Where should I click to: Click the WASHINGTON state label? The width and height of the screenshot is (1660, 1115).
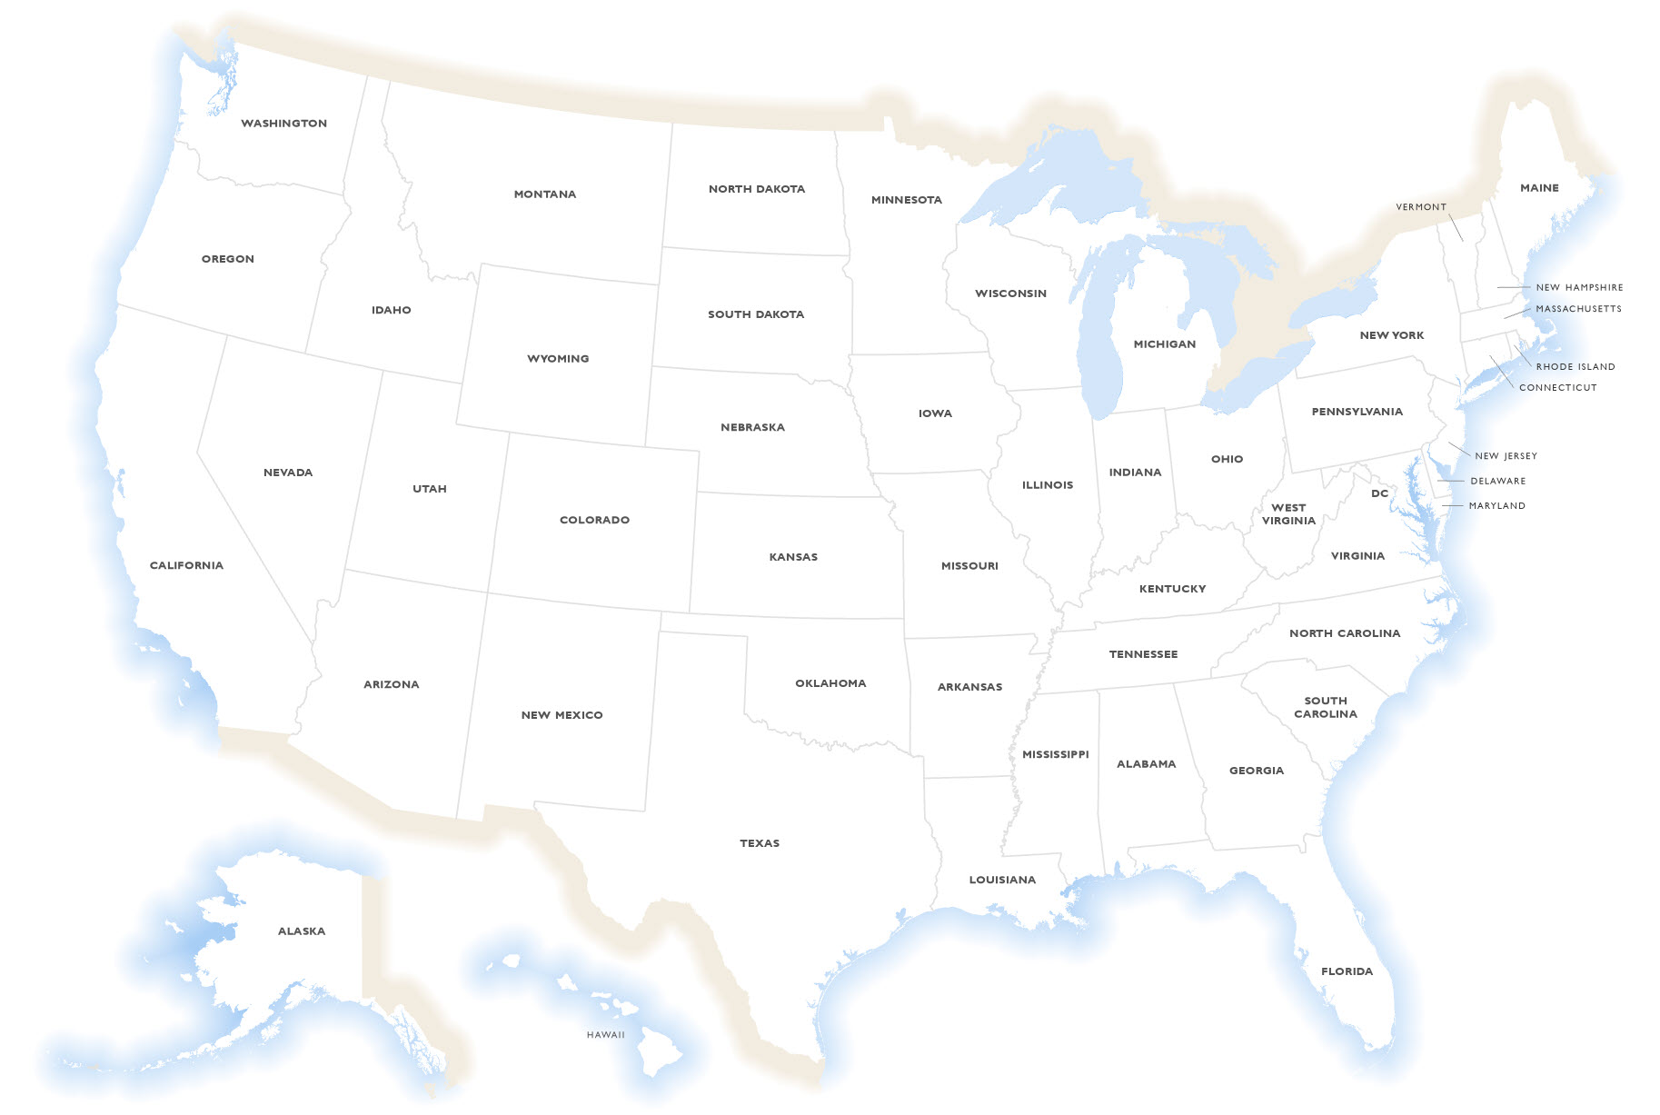pyautogui.click(x=283, y=124)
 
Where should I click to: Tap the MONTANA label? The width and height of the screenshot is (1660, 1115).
pyautogui.click(x=545, y=194)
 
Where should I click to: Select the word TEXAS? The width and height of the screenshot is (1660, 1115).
pyautogui.click(x=760, y=843)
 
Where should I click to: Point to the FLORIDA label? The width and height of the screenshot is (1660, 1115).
pyautogui.click(x=1347, y=971)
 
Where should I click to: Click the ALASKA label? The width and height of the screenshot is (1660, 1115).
pyautogui.click(x=302, y=931)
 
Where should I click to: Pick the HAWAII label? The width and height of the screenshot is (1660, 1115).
pyautogui.click(x=606, y=1035)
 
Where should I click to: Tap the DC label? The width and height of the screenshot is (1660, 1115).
pyautogui.click(x=1380, y=493)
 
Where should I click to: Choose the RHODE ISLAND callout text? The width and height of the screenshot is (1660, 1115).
pyautogui.click(x=1576, y=367)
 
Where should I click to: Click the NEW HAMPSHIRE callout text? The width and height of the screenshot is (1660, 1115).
pyautogui.click(x=1579, y=287)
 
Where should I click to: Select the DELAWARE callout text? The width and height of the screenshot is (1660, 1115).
pyautogui.click(x=1498, y=481)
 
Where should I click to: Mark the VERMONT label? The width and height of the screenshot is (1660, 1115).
pyautogui.click(x=1421, y=207)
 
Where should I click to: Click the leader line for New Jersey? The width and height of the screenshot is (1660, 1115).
pyautogui.click(x=1458, y=449)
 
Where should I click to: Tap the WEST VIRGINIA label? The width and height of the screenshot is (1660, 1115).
pyautogui.click(x=1288, y=514)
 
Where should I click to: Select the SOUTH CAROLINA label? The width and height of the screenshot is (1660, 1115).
pyautogui.click(x=1326, y=707)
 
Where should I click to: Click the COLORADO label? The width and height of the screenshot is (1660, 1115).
pyautogui.click(x=594, y=520)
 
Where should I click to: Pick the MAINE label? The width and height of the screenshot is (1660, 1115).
pyautogui.click(x=1539, y=188)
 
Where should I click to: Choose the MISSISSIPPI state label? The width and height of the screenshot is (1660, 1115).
pyautogui.click(x=1055, y=754)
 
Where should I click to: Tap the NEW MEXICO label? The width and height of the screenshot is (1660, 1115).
pyautogui.click(x=562, y=715)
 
